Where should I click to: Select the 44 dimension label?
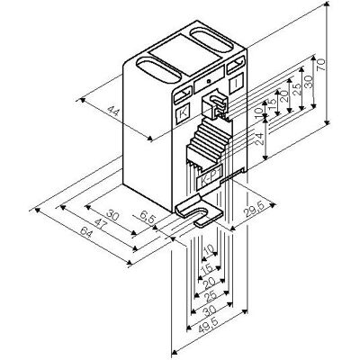(x=113, y=112)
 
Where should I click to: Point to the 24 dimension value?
(x=259, y=139)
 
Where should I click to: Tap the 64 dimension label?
(x=86, y=232)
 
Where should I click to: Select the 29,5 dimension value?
(x=254, y=209)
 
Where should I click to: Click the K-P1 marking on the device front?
(x=209, y=178)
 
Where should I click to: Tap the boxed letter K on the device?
(x=182, y=114)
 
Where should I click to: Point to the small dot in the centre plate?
(x=209, y=81)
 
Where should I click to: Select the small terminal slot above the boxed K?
(x=183, y=94)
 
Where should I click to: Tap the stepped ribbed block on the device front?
(x=210, y=141)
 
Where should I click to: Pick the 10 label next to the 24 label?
(x=258, y=113)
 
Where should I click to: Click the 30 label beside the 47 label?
(x=113, y=216)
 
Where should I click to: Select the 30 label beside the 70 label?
(x=308, y=82)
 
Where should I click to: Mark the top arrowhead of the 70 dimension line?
(x=328, y=4)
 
